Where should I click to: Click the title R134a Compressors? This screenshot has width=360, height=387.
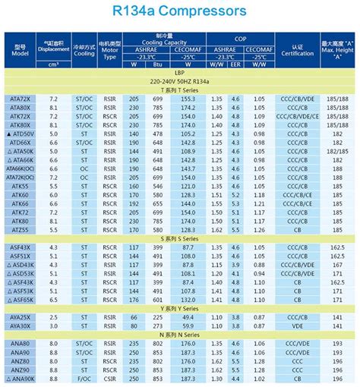tap(180, 12)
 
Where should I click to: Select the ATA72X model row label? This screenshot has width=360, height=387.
tap(21, 99)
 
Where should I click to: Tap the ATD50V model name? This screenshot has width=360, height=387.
tap(21, 134)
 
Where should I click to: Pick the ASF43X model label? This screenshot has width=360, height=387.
tap(21, 247)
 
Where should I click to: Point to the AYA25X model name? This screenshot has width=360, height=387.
tap(21, 316)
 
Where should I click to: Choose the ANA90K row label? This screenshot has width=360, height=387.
tap(21, 378)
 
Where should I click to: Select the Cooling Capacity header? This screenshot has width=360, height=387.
tap(159, 44)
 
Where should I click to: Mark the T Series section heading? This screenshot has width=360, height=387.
tap(180, 90)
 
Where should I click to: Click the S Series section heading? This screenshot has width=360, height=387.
tap(180, 238)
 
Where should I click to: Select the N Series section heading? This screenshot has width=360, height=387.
tap(180, 334)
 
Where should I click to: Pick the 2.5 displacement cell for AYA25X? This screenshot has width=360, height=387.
tap(53, 316)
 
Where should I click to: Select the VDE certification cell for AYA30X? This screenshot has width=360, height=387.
tap(297, 326)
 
